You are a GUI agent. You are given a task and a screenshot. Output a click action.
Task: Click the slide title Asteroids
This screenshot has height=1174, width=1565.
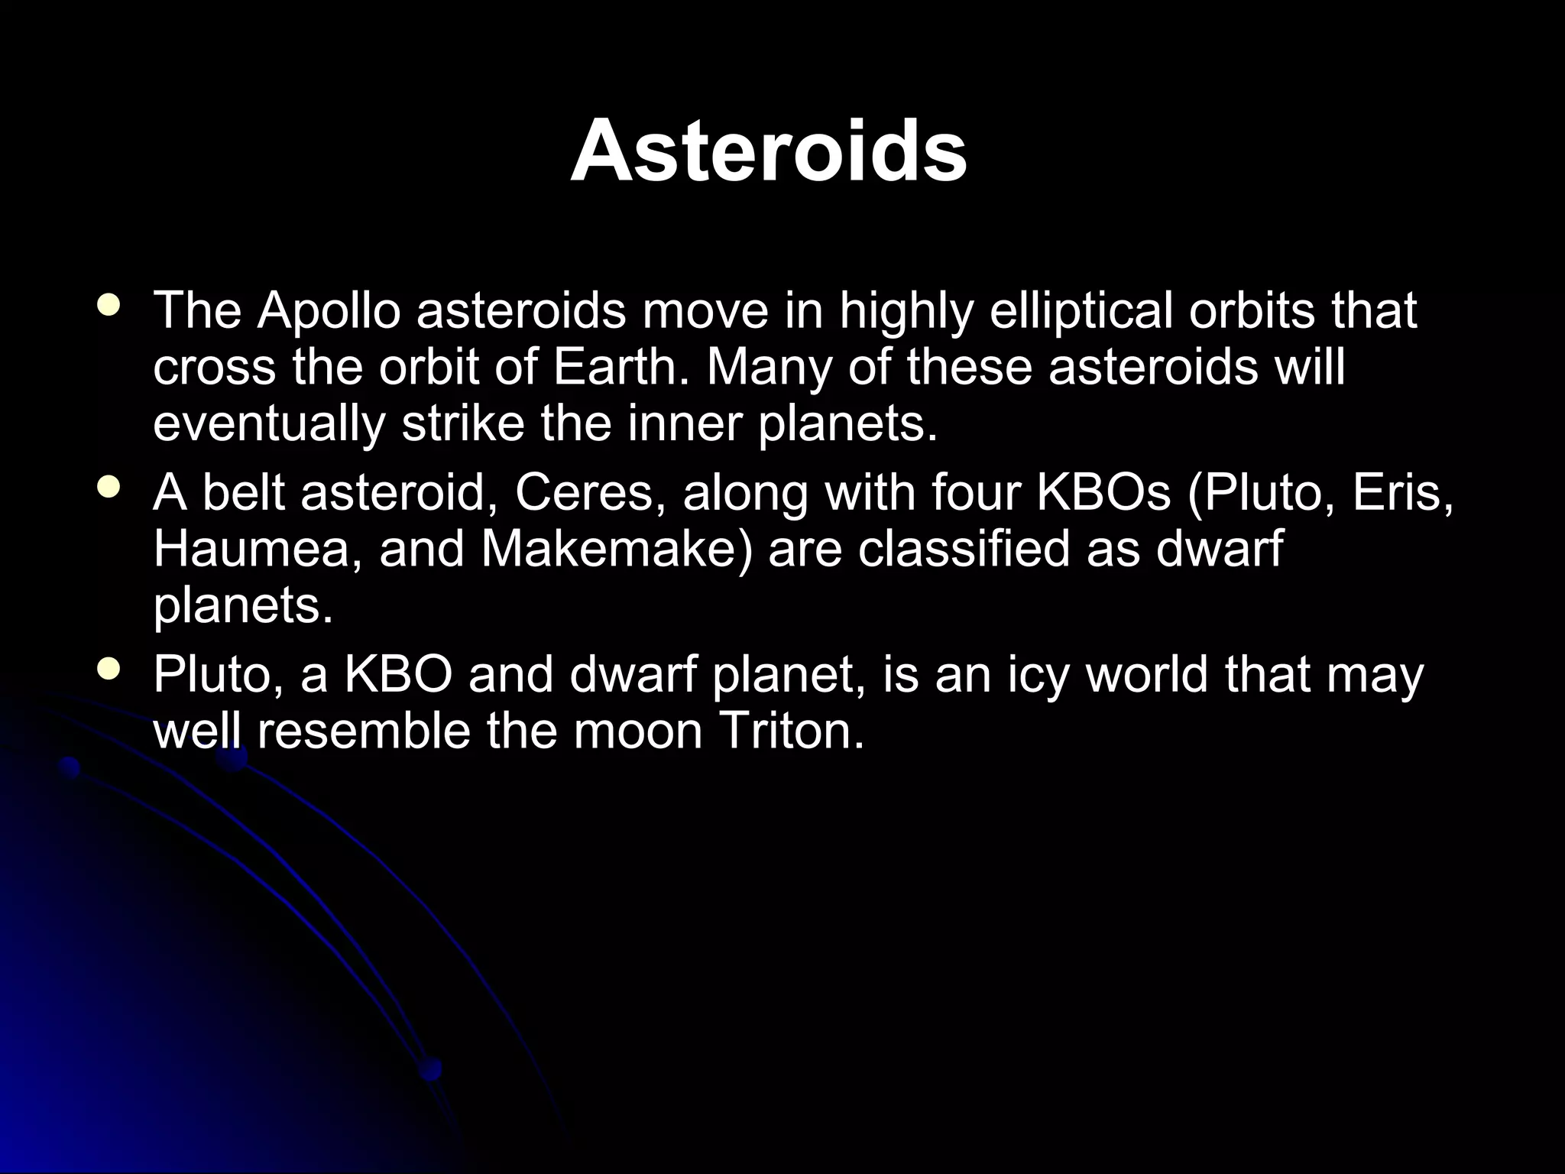(769, 151)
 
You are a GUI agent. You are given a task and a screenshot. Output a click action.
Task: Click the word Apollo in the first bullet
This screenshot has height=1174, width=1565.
(329, 311)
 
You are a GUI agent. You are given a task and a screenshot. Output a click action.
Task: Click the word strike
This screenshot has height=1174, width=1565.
(464, 424)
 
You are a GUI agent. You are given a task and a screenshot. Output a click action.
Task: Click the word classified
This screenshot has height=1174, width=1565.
(963, 550)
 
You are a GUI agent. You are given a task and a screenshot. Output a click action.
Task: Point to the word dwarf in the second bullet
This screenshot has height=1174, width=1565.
(1218, 550)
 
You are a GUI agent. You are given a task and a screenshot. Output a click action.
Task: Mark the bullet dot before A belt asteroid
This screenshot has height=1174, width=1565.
(109, 488)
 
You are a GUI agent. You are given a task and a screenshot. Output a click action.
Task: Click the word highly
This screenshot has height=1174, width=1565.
(906, 311)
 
